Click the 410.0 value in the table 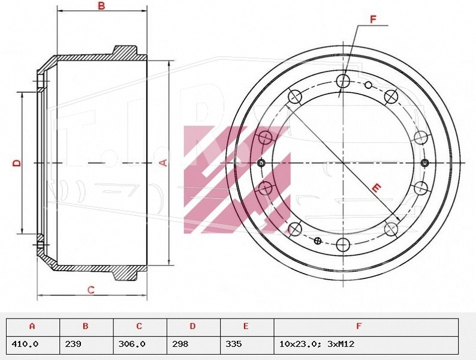pyautogui.click(x=25, y=344)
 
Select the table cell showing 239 pyautogui.click(x=73, y=344)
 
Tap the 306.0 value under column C pyautogui.click(x=132, y=344)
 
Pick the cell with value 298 pyautogui.click(x=180, y=344)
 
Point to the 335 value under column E pyautogui.click(x=234, y=344)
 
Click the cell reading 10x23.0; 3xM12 pyautogui.click(x=317, y=344)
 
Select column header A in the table pyautogui.click(x=32, y=326)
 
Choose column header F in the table pyautogui.click(x=359, y=326)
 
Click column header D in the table pyautogui.click(x=192, y=326)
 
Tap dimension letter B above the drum pyautogui.click(x=101, y=5)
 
